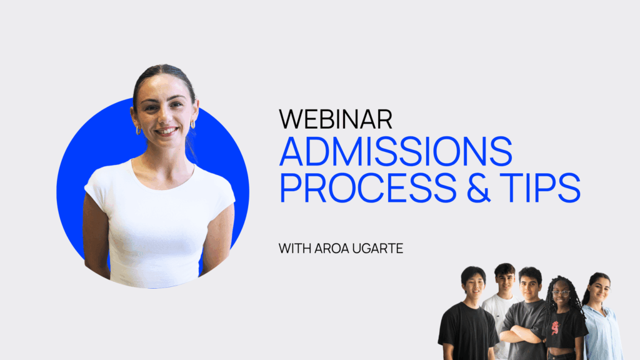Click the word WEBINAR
(x=336, y=119)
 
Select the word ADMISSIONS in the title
(x=396, y=151)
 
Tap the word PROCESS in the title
(x=367, y=187)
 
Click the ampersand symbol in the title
(x=478, y=187)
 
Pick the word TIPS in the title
(x=540, y=187)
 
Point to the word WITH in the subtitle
(x=295, y=248)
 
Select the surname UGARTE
(x=377, y=248)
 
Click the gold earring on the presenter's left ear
(x=193, y=124)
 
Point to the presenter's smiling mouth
(x=166, y=131)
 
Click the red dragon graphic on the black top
(x=556, y=327)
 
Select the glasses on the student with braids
(x=561, y=293)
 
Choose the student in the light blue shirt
(x=601, y=316)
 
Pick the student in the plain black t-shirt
(x=468, y=314)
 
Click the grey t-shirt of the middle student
(x=524, y=326)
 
